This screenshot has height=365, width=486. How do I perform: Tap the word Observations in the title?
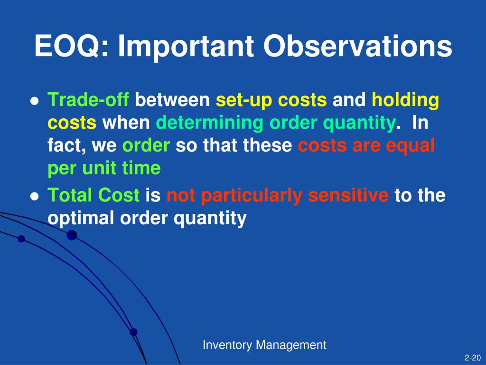tap(358, 46)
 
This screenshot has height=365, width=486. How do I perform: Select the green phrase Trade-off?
tap(88, 100)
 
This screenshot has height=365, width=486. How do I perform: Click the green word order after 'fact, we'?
tap(146, 145)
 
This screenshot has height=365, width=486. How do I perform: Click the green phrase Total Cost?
tap(93, 195)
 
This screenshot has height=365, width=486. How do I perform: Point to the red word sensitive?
tap(348, 195)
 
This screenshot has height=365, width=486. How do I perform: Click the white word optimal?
tap(81, 218)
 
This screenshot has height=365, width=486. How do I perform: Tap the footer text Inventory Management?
tap(264, 345)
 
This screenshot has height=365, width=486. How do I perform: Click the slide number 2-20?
tap(473, 358)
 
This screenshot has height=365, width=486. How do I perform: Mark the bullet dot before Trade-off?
tap(35, 101)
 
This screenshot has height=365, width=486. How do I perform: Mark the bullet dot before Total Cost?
tap(35, 196)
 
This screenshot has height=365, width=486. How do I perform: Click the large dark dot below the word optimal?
tap(72, 235)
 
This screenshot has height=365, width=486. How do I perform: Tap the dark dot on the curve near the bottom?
tap(133, 332)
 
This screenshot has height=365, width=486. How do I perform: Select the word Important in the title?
tap(186, 47)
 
